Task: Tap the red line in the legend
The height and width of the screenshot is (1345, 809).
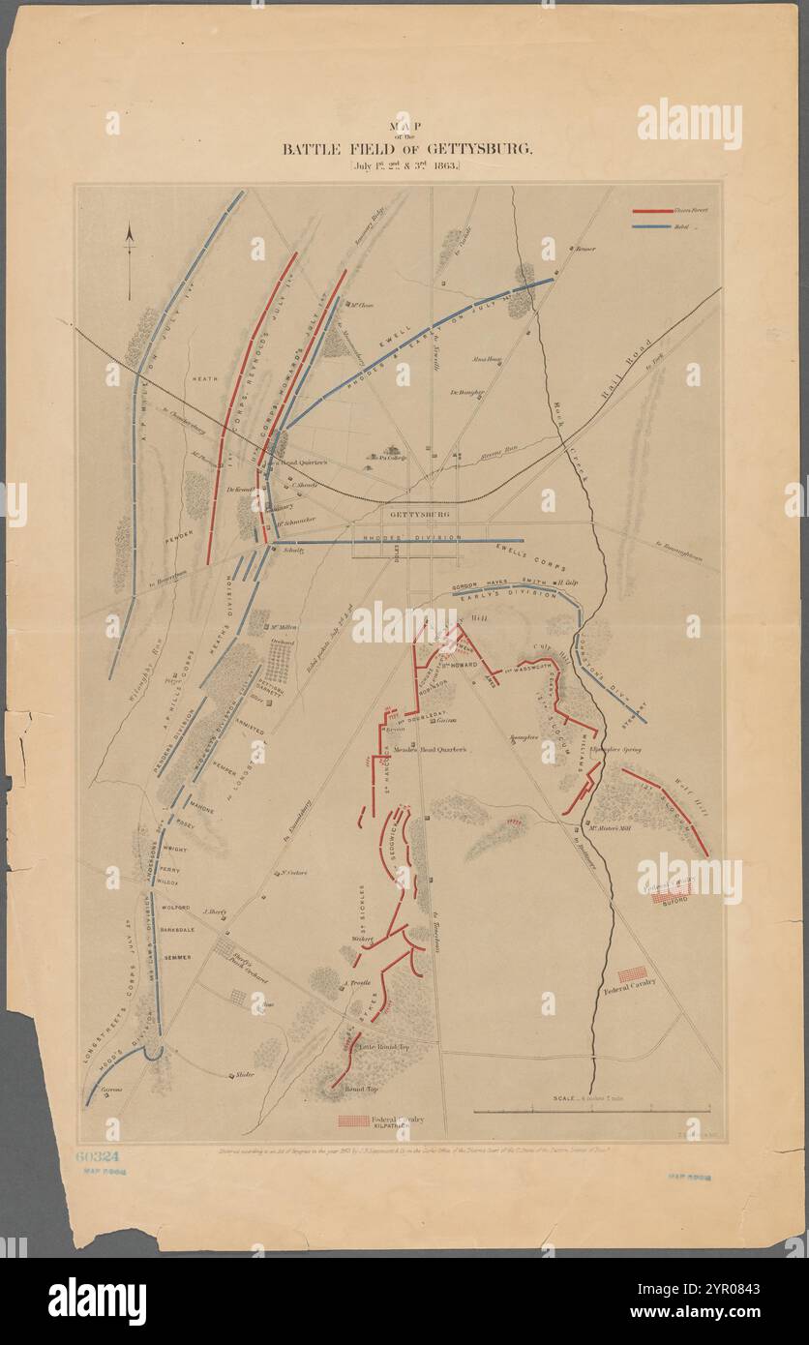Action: coord(653,210)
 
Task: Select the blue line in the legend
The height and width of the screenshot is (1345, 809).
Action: coord(653,227)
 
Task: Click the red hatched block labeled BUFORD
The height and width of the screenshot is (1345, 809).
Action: coord(670,897)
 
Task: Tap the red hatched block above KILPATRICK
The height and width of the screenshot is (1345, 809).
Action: coord(353,1121)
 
